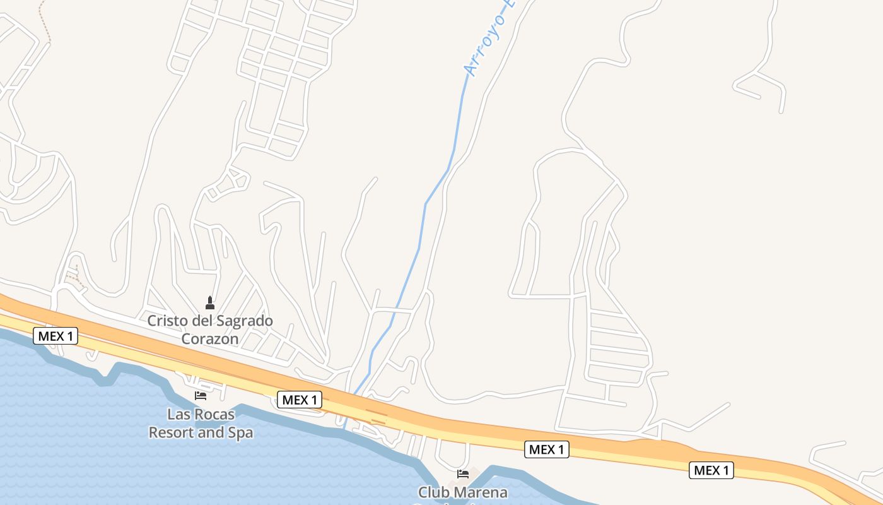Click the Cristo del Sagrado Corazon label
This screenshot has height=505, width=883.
tap(210, 330)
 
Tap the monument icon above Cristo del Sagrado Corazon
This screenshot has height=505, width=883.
tap(210, 303)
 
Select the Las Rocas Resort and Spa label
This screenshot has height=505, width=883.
tap(201, 424)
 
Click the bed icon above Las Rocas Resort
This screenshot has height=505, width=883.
tap(201, 396)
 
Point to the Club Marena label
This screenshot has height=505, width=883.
tap(462, 492)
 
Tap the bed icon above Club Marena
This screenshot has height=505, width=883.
tap(463, 474)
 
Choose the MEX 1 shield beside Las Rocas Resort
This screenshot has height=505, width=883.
tap(300, 400)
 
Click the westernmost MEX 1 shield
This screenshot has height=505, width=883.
tap(56, 336)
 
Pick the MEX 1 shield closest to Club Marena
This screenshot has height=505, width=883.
tap(547, 449)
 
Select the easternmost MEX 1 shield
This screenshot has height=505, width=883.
tap(711, 470)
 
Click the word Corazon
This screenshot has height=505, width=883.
tap(210, 339)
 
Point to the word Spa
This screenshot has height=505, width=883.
tap(240, 433)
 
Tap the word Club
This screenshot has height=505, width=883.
tap(431, 492)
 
